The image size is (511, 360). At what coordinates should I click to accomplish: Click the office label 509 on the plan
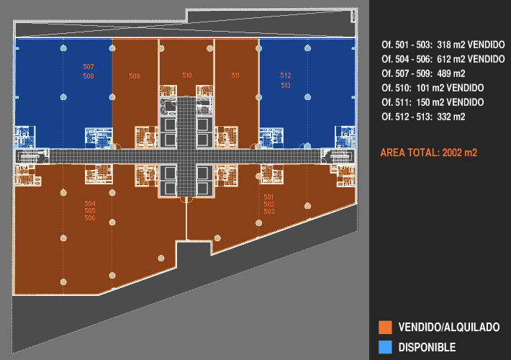click(x=135, y=76)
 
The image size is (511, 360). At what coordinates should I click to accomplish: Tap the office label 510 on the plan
click(x=187, y=76)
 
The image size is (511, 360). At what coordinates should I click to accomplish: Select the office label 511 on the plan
click(x=235, y=76)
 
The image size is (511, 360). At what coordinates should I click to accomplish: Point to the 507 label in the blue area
click(x=89, y=67)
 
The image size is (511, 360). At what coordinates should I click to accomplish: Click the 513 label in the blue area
click(x=286, y=86)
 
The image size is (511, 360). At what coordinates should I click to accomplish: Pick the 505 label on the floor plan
click(x=90, y=211)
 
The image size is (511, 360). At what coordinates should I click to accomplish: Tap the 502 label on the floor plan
click(x=269, y=204)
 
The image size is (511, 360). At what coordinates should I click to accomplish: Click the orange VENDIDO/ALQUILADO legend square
click(x=385, y=328)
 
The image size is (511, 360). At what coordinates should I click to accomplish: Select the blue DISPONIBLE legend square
click(x=385, y=347)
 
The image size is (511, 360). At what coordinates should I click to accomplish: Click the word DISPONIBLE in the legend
click(x=427, y=347)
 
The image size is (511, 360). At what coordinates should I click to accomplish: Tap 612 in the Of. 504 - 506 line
click(x=446, y=59)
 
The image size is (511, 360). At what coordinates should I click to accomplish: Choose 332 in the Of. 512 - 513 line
click(x=446, y=117)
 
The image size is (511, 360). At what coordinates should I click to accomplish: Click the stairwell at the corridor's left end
click(x=32, y=156)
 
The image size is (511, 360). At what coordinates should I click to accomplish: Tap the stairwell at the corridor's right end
click(x=337, y=156)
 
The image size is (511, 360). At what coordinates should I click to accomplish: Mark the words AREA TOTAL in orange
click(x=406, y=153)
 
